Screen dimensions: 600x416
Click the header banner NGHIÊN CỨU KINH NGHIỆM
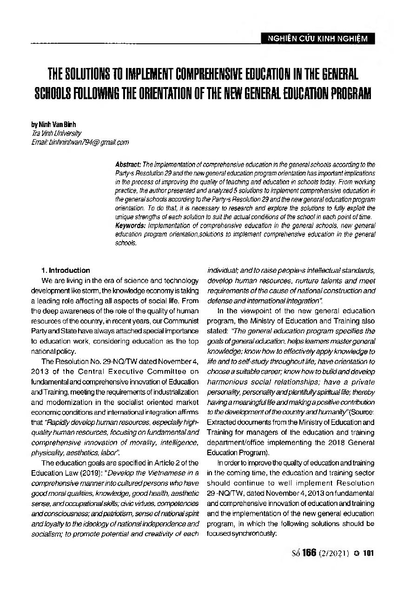click(317, 39)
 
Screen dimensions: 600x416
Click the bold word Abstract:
click(128, 165)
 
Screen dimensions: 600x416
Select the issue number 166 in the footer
click(309, 553)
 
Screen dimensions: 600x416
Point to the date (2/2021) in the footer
click(335, 553)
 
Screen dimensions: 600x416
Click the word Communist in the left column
click(182, 321)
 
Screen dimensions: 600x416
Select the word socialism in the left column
click(46, 533)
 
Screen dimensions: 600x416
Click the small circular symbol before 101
click(357, 554)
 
